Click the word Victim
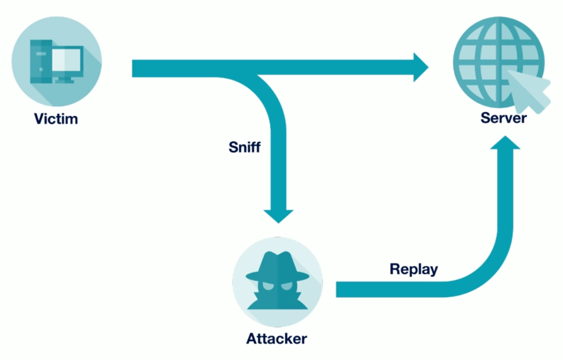(56, 119)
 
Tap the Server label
(503, 118)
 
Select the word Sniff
(244, 147)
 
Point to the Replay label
(414, 269)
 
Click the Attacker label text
(276, 338)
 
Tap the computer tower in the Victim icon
(41, 61)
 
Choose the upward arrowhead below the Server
(505, 143)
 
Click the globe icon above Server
(499, 62)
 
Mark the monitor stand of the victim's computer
(65, 80)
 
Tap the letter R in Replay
(395, 269)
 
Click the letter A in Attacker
(252, 338)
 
